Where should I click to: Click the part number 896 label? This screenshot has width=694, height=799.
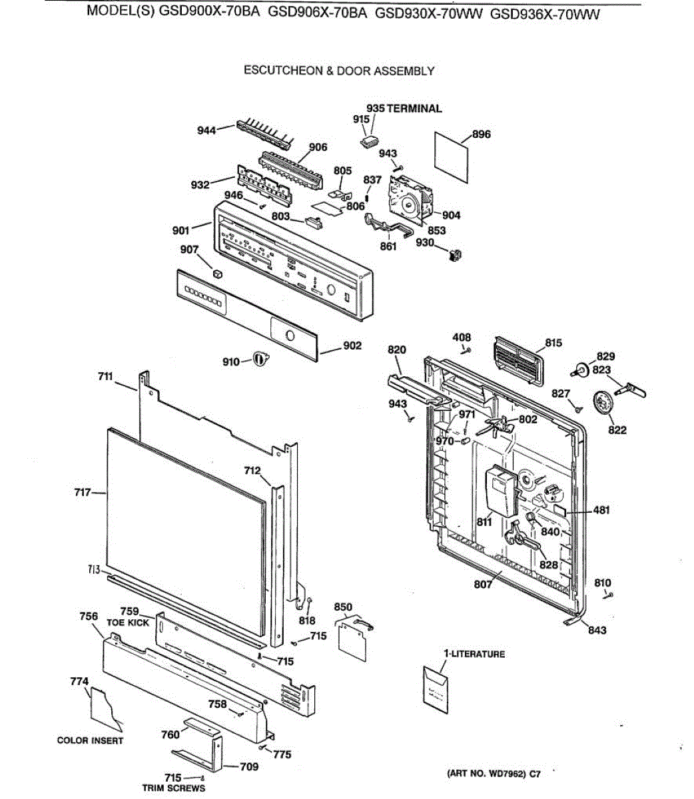(x=482, y=134)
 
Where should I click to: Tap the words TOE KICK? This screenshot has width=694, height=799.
(x=128, y=623)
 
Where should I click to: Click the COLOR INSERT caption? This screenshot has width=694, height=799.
(x=90, y=740)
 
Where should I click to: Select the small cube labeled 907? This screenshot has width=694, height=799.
(x=216, y=272)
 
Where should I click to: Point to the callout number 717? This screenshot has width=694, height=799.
(x=83, y=493)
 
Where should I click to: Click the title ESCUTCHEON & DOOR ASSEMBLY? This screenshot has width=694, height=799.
(x=339, y=71)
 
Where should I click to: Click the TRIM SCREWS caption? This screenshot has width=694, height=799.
(x=174, y=788)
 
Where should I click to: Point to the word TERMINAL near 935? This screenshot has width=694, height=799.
(x=414, y=108)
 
